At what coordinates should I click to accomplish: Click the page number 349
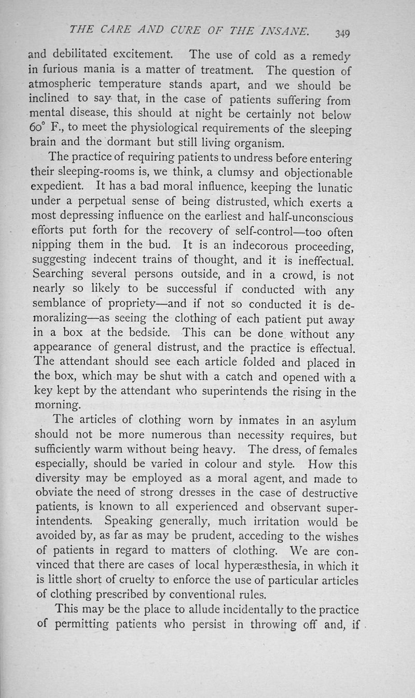[x=342, y=34]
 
